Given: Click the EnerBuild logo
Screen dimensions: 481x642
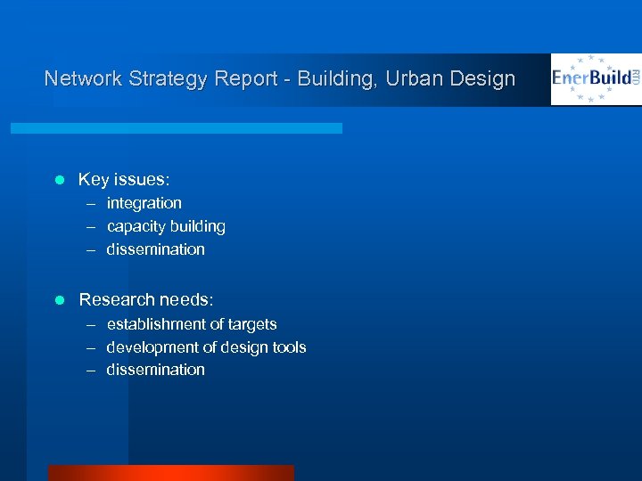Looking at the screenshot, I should point(596,79).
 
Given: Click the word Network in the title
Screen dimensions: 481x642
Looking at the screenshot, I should point(82,78).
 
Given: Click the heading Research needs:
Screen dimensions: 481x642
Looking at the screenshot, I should point(146,300).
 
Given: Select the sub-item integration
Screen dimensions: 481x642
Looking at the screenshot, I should point(144,203).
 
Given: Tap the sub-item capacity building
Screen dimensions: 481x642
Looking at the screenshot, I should point(166,226).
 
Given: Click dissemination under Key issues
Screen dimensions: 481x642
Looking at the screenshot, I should point(155,249).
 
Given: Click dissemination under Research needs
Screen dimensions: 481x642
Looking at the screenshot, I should point(155,370).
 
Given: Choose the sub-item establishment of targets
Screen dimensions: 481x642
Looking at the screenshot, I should point(192,324).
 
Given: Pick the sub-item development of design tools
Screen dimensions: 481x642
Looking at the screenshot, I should point(206,347).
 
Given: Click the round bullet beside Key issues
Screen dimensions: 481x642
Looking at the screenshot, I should point(60,180).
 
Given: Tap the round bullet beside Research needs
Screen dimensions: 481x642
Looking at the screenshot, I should point(60,300).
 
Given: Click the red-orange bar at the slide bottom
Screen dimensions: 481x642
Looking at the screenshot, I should point(170,473).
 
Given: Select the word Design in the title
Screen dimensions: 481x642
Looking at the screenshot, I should point(482,79).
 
